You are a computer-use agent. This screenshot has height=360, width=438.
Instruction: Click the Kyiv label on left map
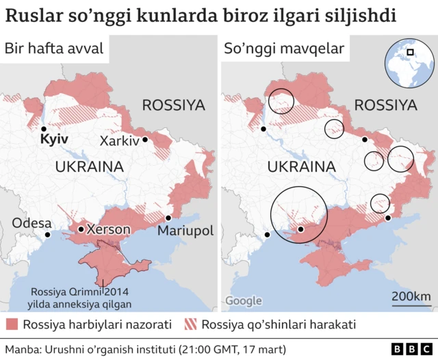pos(54,139)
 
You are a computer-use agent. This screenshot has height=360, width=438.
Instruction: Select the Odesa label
pos(31,224)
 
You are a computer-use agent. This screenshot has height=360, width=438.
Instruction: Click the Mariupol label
pos(185,230)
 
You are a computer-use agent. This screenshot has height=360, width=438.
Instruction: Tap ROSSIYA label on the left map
pos(173,105)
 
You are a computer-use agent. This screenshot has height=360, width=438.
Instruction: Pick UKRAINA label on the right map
pos(301,166)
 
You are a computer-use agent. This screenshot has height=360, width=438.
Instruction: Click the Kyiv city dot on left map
pos(43,129)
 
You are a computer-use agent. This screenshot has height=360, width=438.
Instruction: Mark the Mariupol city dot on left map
pos(168,218)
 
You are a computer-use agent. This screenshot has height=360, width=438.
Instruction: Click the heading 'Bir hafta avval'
pos(54,49)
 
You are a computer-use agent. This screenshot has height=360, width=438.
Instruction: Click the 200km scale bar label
pos(411,296)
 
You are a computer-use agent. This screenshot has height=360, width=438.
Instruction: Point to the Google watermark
pos(244,301)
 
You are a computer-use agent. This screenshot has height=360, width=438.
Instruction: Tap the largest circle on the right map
pos(299,216)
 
